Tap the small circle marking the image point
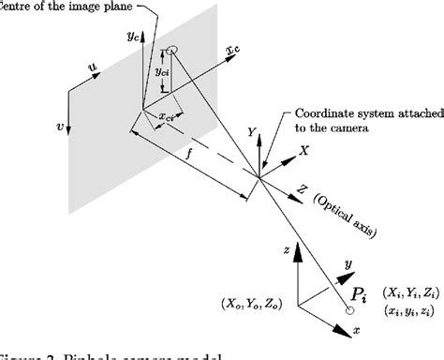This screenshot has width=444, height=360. (173, 51)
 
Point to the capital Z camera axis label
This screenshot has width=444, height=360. (302, 188)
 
